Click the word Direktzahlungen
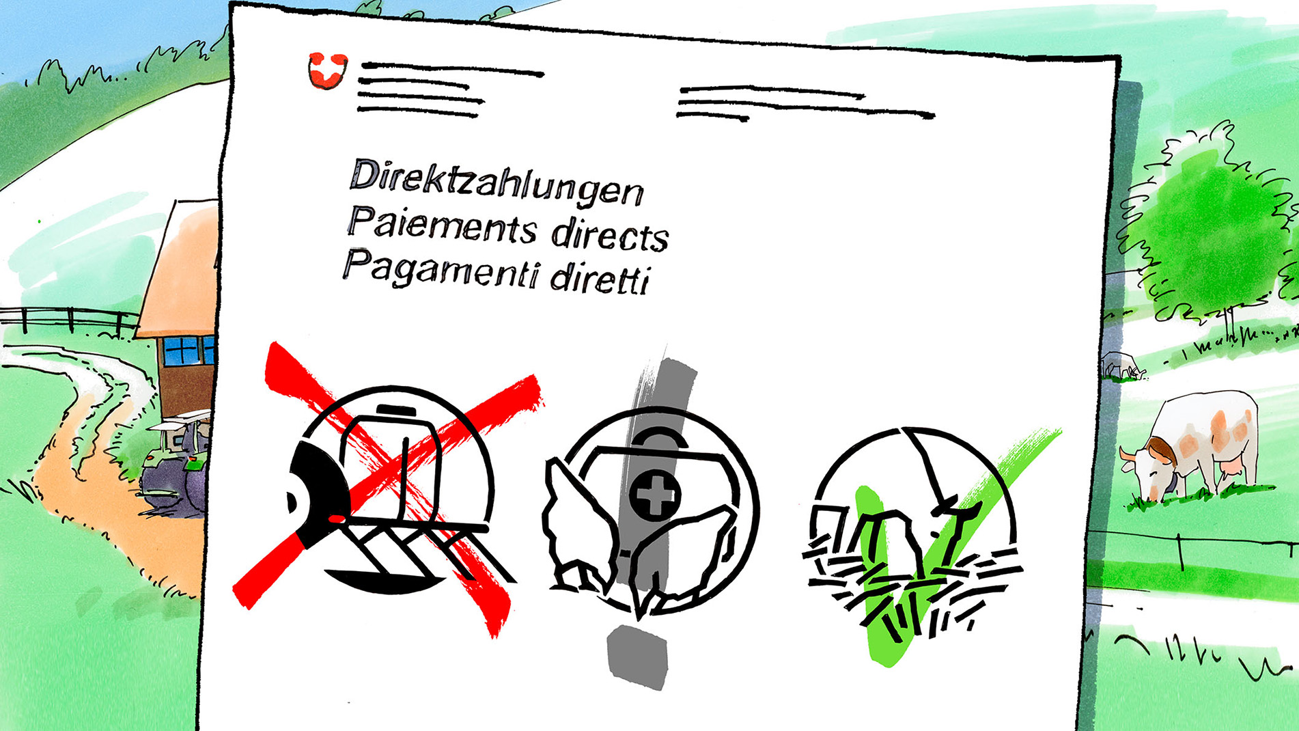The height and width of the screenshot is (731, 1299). point(497,182)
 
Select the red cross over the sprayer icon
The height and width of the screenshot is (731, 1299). point(387,488)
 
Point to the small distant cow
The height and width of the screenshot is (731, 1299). point(1122,365)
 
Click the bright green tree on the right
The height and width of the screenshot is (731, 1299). point(1212,225)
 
